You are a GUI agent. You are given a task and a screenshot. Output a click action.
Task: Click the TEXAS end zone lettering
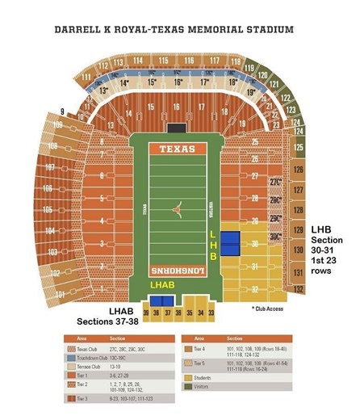coord(177,149)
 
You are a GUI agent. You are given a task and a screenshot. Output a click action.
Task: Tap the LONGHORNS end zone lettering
coord(177,271)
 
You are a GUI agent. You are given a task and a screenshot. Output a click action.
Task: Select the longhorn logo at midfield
coord(178,209)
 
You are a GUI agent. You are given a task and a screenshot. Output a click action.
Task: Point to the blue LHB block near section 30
coord(231,241)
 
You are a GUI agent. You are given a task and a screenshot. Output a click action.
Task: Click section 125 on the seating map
coord(299,149)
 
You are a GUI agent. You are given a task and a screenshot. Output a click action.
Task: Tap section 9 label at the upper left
coord(62,111)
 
